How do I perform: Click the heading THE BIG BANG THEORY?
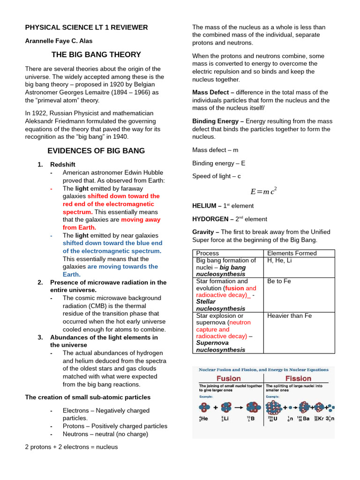coord(96,55)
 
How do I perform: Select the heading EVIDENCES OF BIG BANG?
coord(96,151)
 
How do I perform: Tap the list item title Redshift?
coord(63,165)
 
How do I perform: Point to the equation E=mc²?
coord(263,191)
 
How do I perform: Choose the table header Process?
coord(207,253)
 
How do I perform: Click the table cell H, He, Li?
coord(279,261)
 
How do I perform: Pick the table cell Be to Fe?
coord(279,281)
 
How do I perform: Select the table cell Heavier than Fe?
coord(289,316)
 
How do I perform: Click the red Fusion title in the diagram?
coord(228,378)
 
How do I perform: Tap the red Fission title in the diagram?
coord(299,378)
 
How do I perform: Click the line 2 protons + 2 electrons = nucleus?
coord(71,447)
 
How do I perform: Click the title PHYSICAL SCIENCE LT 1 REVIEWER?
coord(86,27)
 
